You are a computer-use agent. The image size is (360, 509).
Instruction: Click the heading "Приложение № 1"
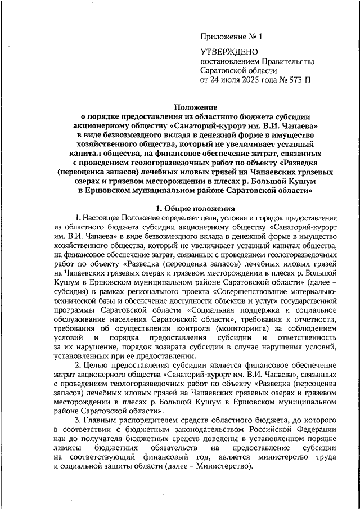tap(231, 37)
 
